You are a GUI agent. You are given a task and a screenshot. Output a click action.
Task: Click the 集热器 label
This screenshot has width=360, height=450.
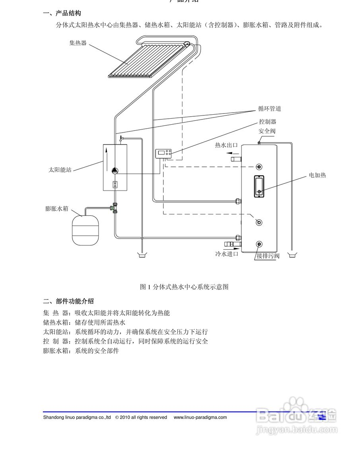pyautogui.click(x=78, y=43)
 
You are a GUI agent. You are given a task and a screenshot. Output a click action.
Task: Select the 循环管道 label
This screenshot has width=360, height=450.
pyautogui.click(x=269, y=108)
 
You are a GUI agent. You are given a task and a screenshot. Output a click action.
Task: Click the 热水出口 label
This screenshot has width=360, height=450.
pyautogui.click(x=226, y=145)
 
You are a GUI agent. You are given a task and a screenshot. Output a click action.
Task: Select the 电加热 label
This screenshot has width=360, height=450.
pyautogui.click(x=317, y=175)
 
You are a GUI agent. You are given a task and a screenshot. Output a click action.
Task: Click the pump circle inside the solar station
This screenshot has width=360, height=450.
pyautogui.click(x=115, y=170)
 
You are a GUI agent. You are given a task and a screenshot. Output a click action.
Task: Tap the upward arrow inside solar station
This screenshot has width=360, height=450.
pyautogui.click(x=107, y=158)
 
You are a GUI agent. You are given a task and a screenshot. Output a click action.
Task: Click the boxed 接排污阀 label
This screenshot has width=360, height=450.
pyautogui.click(x=268, y=256)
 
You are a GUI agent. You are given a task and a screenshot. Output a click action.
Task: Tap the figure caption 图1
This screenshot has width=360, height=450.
pyautogui.click(x=184, y=287)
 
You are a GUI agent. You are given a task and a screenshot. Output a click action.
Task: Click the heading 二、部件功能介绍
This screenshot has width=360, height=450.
pyautogui.click(x=68, y=301)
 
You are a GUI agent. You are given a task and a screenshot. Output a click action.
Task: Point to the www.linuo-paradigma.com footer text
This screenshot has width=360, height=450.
pyautogui.click(x=200, y=417)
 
